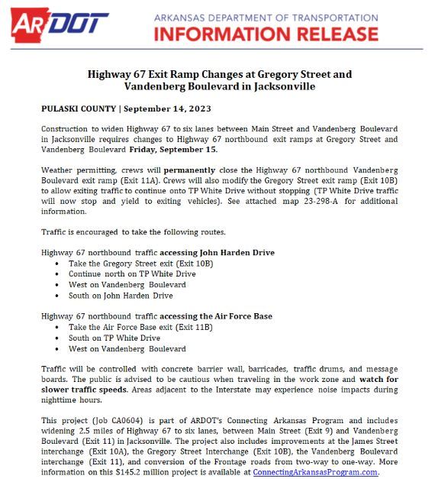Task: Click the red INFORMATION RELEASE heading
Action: [266, 33]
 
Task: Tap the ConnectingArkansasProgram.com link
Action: [315, 472]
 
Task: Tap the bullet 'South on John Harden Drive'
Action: [121, 295]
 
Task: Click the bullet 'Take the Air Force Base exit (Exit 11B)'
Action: [140, 327]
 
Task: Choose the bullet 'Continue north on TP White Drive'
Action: [132, 273]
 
